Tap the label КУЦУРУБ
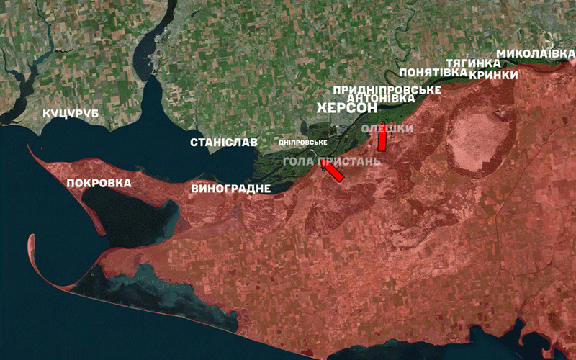point(71,114)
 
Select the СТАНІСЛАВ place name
point(223,142)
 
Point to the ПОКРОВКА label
point(99,183)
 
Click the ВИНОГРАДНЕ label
point(231,189)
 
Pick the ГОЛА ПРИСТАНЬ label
point(331,160)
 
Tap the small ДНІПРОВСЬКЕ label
point(302,143)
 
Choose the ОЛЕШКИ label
point(387,128)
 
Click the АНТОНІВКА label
point(380,98)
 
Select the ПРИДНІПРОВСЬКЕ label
point(387,89)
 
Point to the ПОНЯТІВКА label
point(432,73)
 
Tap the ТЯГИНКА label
point(473,63)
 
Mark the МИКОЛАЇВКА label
point(536,53)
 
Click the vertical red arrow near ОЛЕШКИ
point(382,138)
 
